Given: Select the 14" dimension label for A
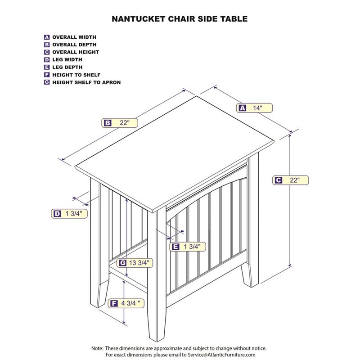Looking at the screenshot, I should (x=255, y=108).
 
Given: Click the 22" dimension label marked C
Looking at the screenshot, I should (x=291, y=180).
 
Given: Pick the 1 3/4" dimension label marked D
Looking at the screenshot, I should (x=68, y=214).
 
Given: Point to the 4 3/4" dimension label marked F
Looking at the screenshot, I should (x=127, y=304).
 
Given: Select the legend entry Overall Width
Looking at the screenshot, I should (x=74, y=37).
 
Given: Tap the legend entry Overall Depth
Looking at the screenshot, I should (x=74, y=45).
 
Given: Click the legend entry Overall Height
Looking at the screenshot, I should (x=75, y=52).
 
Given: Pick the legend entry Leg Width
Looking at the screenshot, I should (x=68, y=60).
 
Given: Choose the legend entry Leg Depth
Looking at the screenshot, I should (x=67, y=67).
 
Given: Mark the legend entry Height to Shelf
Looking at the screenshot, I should (x=76, y=75).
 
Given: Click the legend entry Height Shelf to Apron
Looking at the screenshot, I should (x=86, y=82).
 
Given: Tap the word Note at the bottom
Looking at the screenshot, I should (x=97, y=348).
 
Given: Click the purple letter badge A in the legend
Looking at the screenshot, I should (x=47, y=37).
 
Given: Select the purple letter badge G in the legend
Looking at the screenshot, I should (x=47, y=82).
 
